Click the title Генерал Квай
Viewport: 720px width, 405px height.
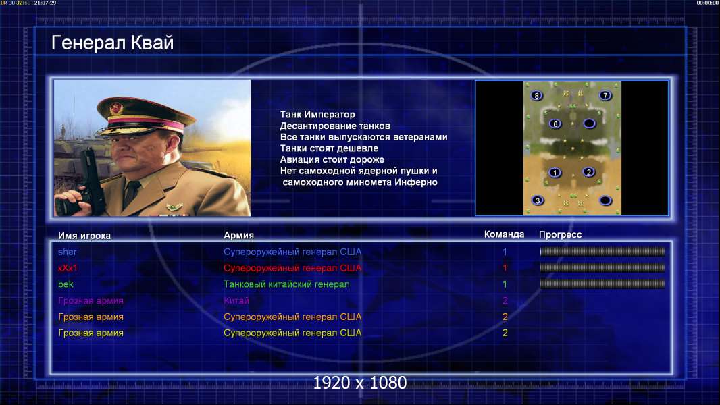[113, 43]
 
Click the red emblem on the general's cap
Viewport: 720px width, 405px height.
[117, 109]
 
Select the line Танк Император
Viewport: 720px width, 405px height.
[317, 115]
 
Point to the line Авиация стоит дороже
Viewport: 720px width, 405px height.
[332, 159]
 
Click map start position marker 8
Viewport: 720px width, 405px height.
[536, 95]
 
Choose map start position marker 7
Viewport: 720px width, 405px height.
[605, 95]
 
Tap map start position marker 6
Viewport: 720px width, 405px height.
[555, 124]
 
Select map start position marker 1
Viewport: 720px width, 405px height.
[555, 173]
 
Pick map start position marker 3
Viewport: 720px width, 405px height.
[538, 200]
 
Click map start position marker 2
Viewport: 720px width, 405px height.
[589, 172]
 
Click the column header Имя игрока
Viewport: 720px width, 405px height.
[84, 236]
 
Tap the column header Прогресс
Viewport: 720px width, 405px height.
[560, 235]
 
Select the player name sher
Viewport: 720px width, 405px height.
[67, 252]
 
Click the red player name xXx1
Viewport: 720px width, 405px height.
[68, 268]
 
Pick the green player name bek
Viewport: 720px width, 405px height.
[66, 284]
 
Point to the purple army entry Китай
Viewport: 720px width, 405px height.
[236, 300]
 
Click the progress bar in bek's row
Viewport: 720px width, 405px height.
[602, 284]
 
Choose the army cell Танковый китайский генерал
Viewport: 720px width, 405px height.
[286, 284]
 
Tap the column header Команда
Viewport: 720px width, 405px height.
[504, 234]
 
